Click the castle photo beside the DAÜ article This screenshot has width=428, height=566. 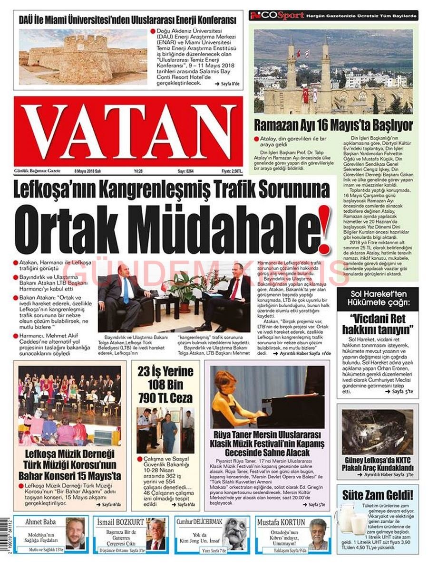(83, 56)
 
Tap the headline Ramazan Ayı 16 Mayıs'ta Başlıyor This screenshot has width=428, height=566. (333, 125)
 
